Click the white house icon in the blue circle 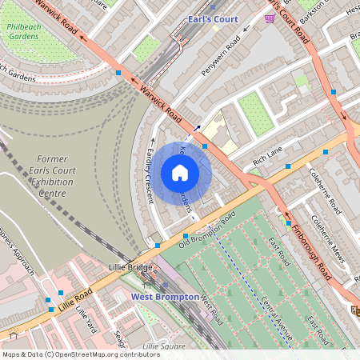pyautogui.click(x=180, y=173)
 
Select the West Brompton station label pyautogui.click(x=165, y=297)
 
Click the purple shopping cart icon pyautogui.click(x=270, y=18)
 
